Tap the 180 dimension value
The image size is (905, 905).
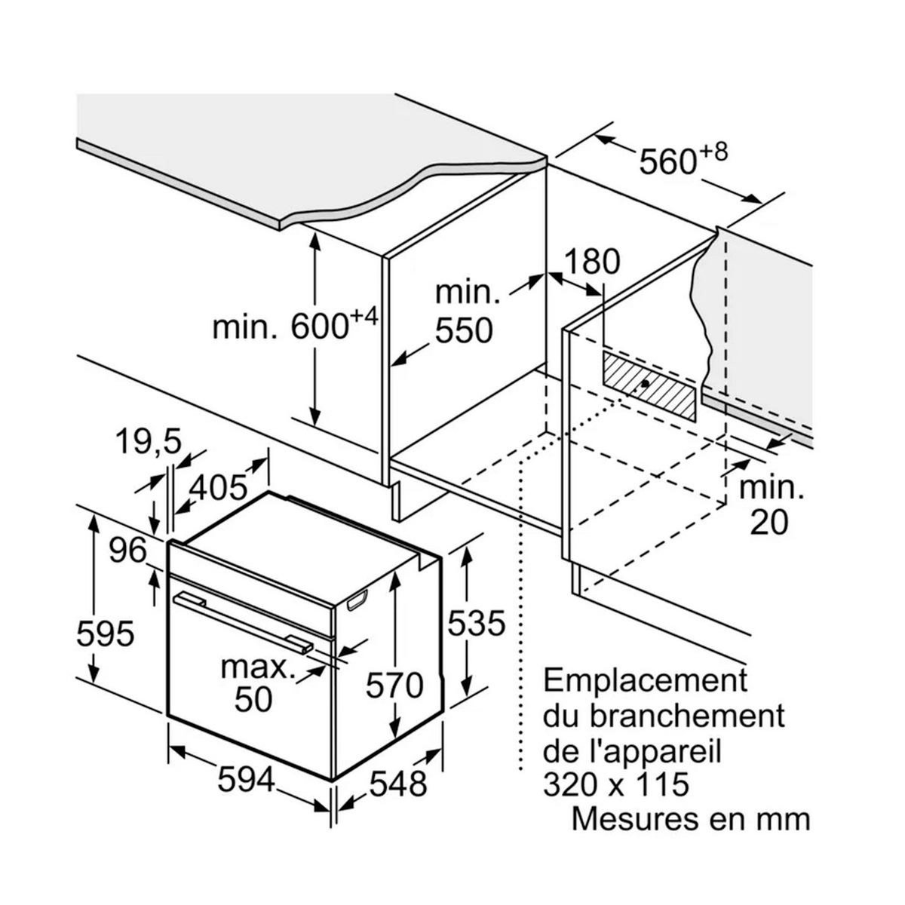coord(591,262)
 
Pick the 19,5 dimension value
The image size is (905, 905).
coord(148,441)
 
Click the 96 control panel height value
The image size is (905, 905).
coord(127,551)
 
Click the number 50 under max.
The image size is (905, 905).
coord(253,699)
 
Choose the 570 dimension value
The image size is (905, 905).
coord(394,686)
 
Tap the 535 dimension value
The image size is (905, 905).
coord(474,624)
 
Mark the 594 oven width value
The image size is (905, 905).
coord(246,780)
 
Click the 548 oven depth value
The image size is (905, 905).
coord(397,785)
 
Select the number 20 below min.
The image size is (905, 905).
coord(769,522)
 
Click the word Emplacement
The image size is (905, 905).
coord(646,680)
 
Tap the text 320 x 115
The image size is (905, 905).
coord(616,784)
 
